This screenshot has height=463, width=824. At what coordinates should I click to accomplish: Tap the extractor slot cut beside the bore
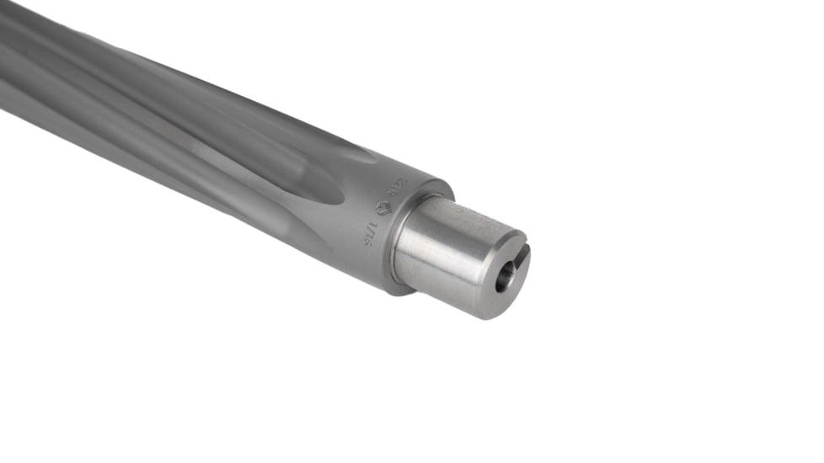click(522, 255)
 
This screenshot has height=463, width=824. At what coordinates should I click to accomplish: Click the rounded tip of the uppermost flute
click(362, 155)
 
